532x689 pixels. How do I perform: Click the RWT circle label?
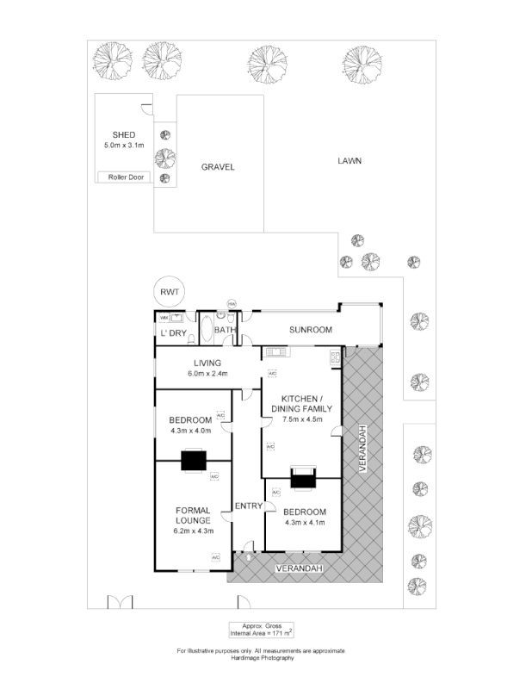(167, 293)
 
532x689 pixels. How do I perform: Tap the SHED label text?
(124, 134)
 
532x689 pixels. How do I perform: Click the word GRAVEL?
(218, 167)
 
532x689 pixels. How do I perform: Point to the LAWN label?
(348, 160)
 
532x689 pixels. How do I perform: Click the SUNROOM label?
(310, 330)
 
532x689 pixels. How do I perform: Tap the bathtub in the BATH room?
(206, 330)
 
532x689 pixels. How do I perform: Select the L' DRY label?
(171, 333)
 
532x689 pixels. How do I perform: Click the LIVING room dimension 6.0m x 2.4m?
(207, 374)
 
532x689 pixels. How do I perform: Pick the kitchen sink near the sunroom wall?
(276, 351)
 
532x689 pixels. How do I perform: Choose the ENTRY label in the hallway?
(248, 506)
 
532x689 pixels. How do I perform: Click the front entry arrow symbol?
(248, 556)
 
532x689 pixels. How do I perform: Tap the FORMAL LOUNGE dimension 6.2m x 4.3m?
(193, 531)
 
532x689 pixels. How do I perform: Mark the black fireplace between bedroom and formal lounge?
(193, 462)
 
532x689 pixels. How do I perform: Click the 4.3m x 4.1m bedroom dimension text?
(304, 522)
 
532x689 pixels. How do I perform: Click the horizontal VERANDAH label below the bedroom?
(299, 569)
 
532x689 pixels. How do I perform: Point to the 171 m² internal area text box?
(261, 629)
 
